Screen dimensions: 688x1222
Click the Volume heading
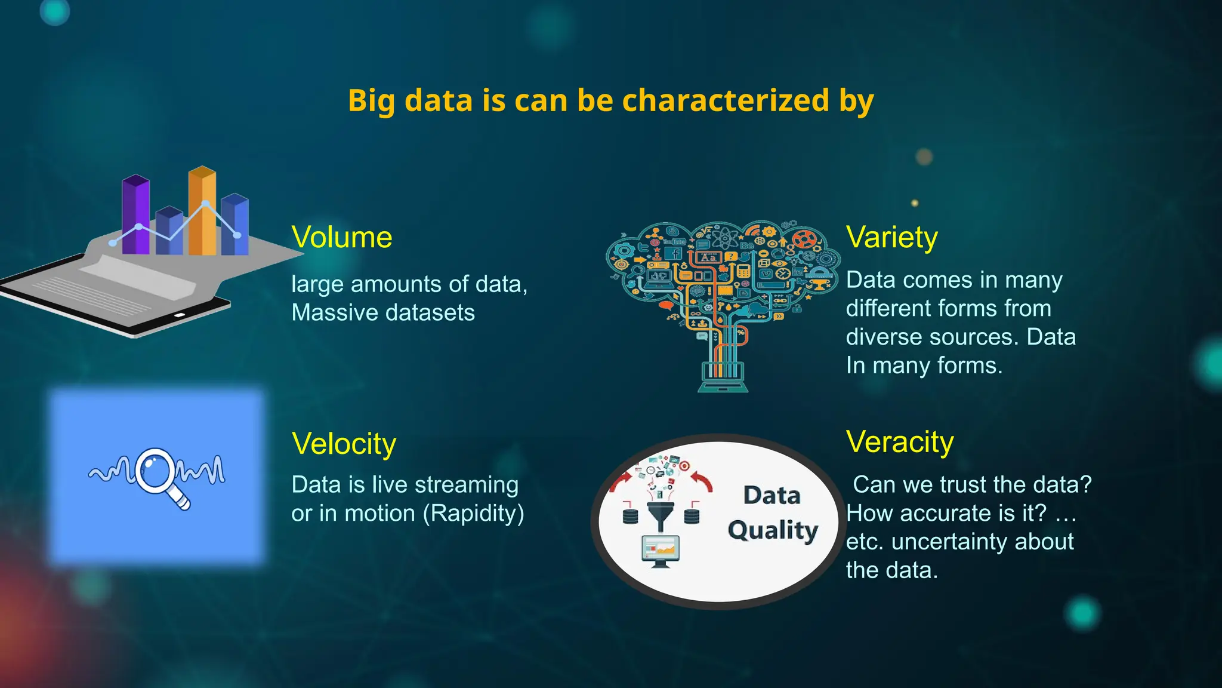pyautogui.click(x=341, y=238)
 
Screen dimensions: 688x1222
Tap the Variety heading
pyautogui.click(x=891, y=238)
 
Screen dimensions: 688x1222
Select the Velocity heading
pyautogui.click(x=344, y=444)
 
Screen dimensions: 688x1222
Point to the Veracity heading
pyautogui.click(x=900, y=442)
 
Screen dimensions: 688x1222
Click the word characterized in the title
pyautogui.click(x=726, y=100)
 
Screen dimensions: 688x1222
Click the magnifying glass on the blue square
pyautogui.click(x=156, y=471)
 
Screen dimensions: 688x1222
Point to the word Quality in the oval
pyautogui.click(x=773, y=530)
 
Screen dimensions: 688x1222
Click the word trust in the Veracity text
pyautogui.click(x=971, y=485)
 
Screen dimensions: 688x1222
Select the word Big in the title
pyautogui.click(x=371, y=100)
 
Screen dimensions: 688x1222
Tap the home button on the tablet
pyautogui.click(x=180, y=315)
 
